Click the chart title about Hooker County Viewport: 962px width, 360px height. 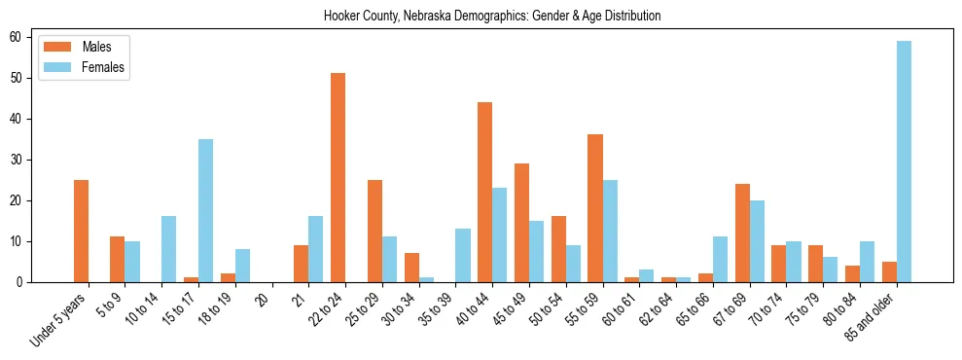point(491,16)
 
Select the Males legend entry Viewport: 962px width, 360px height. point(96,47)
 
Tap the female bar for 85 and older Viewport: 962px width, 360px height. point(905,162)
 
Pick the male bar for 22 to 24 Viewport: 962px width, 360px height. point(338,177)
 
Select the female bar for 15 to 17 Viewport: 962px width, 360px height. point(205,210)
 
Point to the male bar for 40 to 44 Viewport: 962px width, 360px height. point(485,192)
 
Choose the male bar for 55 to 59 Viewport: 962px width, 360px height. point(595,208)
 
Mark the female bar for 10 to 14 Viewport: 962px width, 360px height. point(168,249)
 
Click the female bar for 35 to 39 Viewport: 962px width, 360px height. point(463,255)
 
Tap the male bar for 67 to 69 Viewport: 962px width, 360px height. point(742,233)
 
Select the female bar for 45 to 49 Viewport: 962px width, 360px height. point(536,251)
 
